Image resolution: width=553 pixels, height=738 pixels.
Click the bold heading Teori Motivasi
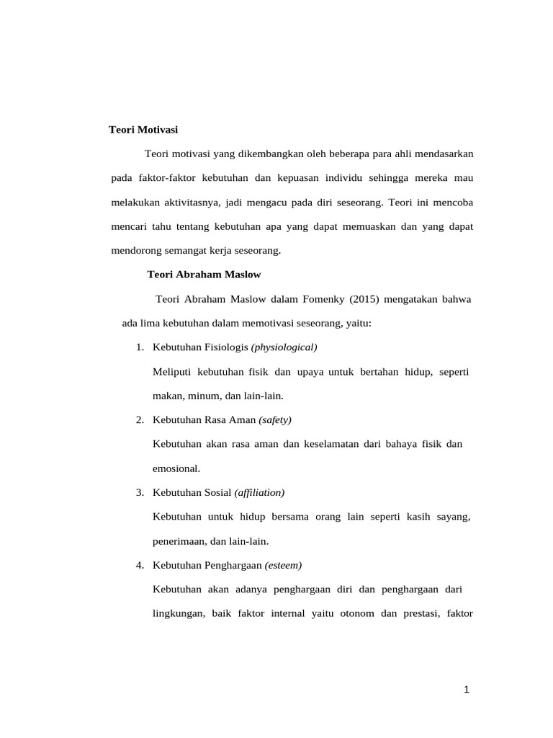pyautogui.click(x=143, y=130)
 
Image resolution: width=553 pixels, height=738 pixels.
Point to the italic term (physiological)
pyautogui.click(x=284, y=347)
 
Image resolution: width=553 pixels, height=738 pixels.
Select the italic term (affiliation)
pyautogui.click(x=259, y=492)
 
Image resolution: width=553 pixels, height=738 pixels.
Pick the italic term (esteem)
pyautogui.click(x=284, y=565)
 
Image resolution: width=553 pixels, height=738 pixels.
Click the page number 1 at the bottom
pyautogui.click(x=467, y=690)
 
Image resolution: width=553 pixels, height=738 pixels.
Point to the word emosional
pyautogui.click(x=176, y=468)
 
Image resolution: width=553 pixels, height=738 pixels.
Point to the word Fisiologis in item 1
pyautogui.click(x=226, y=347)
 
